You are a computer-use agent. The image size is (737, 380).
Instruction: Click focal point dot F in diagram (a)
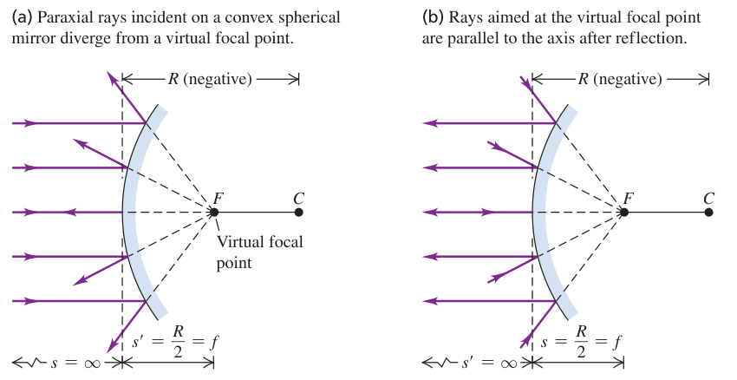214,212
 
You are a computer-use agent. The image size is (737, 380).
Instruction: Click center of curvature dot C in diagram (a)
298,212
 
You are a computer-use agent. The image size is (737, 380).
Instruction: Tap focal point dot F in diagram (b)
624,212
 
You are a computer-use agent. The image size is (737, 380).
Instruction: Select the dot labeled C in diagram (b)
708,212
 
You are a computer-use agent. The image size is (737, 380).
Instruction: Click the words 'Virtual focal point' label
259,252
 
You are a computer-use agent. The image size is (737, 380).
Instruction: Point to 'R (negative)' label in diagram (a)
210,79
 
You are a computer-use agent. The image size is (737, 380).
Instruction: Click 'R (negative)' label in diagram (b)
620,79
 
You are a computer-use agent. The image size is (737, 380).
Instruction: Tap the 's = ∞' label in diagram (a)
75,363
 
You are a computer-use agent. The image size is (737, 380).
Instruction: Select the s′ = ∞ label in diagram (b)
489,363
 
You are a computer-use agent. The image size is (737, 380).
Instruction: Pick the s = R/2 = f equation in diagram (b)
582,342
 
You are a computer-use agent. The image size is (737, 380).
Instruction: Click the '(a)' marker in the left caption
22,18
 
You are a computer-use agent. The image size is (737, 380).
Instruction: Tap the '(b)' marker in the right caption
433,18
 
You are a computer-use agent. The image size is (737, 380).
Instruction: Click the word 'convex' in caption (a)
248,18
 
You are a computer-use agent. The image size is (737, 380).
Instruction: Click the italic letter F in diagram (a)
217,199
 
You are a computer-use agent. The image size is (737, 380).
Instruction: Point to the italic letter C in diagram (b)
708,199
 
